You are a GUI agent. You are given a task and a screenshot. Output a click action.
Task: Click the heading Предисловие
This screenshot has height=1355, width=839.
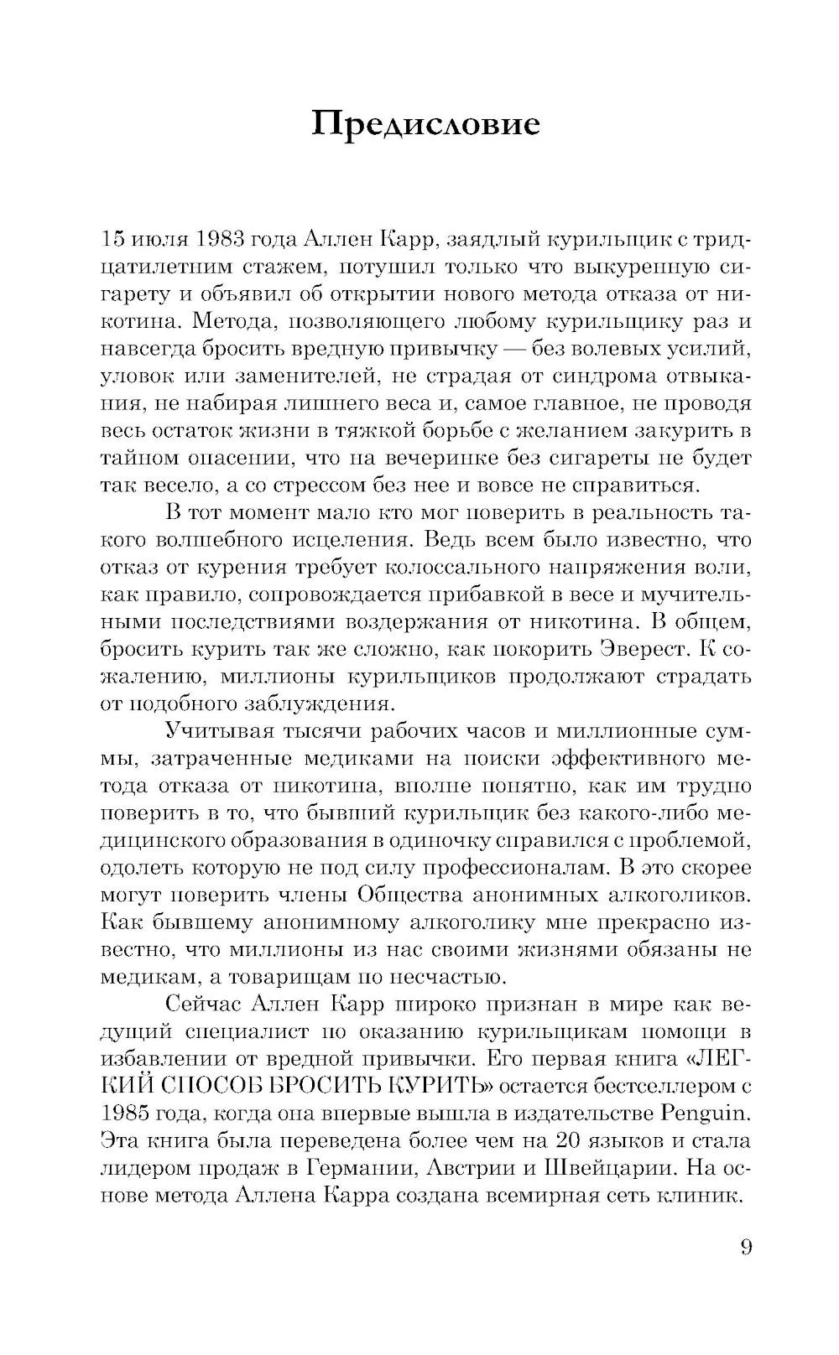(425, 124)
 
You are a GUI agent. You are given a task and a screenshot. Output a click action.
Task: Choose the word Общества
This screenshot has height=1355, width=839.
(414, 895)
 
